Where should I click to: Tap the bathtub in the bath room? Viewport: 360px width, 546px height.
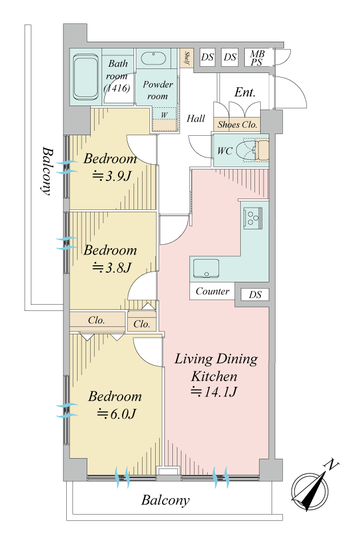[86, 76]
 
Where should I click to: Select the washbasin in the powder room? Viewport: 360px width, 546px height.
[153, 59]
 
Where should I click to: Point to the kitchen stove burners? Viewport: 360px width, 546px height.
[252, 218]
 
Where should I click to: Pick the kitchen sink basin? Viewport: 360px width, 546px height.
[206, 269]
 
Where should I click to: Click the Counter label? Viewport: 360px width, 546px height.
[212, 291]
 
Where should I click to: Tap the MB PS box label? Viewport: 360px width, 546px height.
[257, 58]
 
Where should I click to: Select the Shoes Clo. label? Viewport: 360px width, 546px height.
[237, 124]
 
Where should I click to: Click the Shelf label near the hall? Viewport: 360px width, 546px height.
[187, 58]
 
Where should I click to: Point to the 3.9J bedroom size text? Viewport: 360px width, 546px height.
[111, 176]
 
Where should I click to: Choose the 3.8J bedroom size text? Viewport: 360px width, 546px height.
[112, 268]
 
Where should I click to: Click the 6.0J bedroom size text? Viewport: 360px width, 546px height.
[116, 414]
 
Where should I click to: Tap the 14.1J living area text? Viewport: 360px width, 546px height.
[214, 392]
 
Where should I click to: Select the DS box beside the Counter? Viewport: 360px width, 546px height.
[255, 294]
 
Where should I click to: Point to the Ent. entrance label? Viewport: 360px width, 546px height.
[245, 92]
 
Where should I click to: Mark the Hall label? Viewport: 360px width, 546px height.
[196, 119]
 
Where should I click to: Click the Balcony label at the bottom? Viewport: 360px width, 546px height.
[165, 500]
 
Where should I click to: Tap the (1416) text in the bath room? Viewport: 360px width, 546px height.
[117, 88]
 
